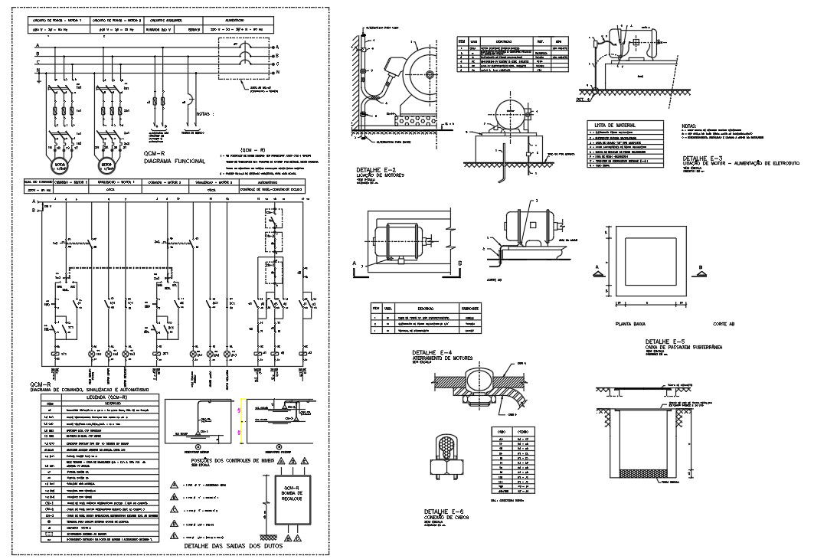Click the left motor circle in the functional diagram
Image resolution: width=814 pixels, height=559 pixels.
pyautogui.click(x=59, y=165)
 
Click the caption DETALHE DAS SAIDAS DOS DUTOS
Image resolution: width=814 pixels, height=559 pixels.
pyautogui.click(x=228, y=547)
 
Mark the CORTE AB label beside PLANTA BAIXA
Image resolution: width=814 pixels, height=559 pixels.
pyautogui.click(x=723, y=325)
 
